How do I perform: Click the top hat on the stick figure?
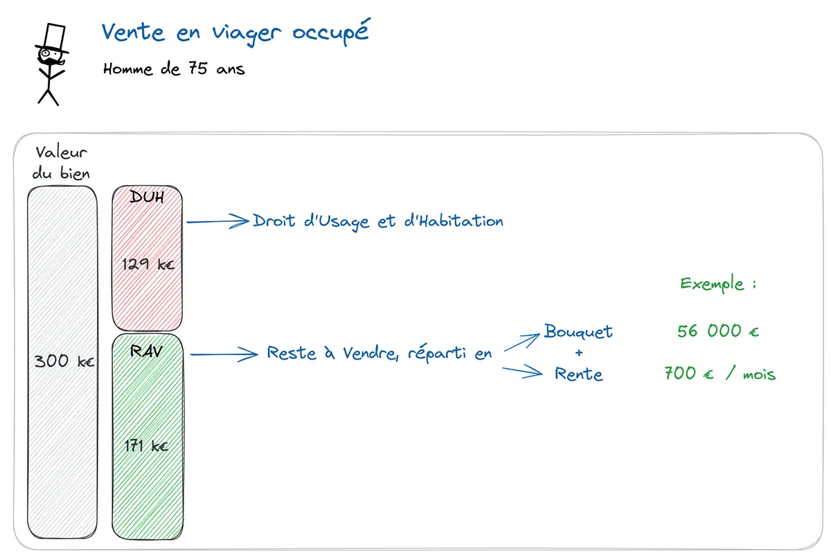coord(53,38)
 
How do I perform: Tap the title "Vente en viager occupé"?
coord(235,33)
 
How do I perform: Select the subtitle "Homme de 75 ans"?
coord(174,69)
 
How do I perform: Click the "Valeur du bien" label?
coord(61,163)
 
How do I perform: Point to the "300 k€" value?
coord(64,361)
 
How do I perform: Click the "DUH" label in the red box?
coord(147,198)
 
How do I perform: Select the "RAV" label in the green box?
coord(147,351)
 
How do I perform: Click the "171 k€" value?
coord(147,446)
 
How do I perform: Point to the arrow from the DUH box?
coord(217,222)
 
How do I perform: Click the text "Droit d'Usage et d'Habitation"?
coord(378,221)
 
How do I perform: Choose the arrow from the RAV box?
coord(223,355)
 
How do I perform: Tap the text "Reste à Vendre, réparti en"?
coord(379,353)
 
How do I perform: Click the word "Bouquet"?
coord(578,331)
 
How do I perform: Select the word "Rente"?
coord(579,374)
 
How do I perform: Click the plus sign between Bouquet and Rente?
coord(579,353)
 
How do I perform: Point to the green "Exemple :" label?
coord(713,284)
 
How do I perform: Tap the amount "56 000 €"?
coord(718,331)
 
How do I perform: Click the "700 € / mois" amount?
coord(720,374)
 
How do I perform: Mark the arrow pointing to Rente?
coord(522,372)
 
